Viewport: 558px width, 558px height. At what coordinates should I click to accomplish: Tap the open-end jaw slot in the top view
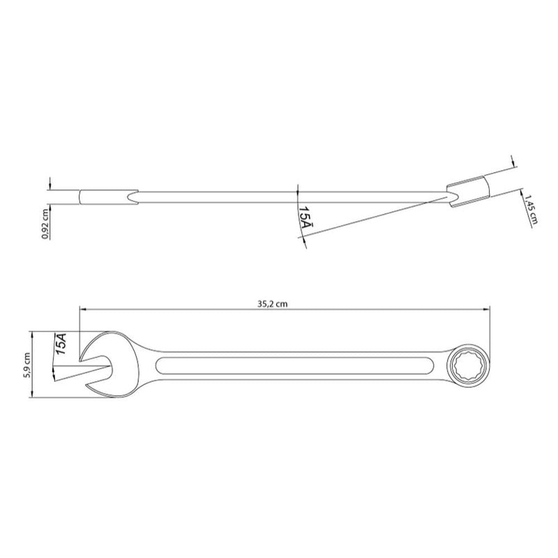(x=98, y=366)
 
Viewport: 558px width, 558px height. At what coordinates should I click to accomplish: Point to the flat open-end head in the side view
(x=106, y=197)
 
